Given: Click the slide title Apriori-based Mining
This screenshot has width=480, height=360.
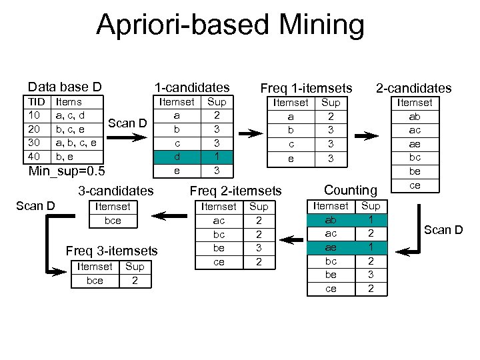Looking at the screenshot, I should (230, 25).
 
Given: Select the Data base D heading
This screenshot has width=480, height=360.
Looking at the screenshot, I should (65, 87).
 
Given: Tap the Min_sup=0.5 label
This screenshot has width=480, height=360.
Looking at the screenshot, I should (66, 171).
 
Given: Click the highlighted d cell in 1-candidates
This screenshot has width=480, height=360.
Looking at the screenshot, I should (177, 156).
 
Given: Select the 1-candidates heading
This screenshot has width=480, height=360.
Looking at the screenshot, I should (192, 87).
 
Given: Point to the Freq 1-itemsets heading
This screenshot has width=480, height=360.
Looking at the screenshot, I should (306, 88).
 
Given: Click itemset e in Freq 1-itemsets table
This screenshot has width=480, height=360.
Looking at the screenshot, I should (291, 159).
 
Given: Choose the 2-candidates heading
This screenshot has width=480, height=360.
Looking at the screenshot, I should (413, 88).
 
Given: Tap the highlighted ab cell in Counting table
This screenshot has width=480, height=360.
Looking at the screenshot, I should (331, 219).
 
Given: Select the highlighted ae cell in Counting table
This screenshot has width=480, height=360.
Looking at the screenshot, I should (331, 247).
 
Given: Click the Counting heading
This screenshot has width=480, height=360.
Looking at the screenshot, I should (351, 191).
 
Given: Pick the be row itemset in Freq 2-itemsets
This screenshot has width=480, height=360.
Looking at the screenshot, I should (218, 248).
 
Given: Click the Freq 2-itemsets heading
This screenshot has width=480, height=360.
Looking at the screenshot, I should (236, 191).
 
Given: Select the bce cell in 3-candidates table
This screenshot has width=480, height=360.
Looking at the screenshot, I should (113, 220).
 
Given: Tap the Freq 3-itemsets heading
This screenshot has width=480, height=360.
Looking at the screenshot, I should (111, 251).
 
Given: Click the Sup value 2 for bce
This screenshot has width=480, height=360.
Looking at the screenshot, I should (135, 280).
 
